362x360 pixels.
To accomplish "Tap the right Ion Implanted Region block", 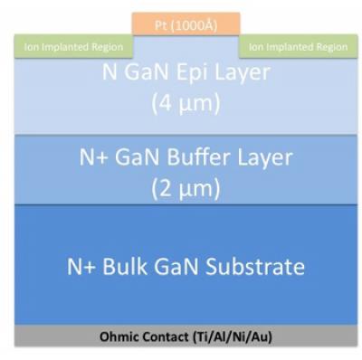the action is coord(296,46).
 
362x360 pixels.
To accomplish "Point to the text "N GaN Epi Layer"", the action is coord(185,72).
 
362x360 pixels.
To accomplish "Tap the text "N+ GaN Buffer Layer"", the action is coord(185,157).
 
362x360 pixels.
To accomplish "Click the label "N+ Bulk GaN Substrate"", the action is coord(185,267).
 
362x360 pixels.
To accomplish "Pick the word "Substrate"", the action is coord(257,267).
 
